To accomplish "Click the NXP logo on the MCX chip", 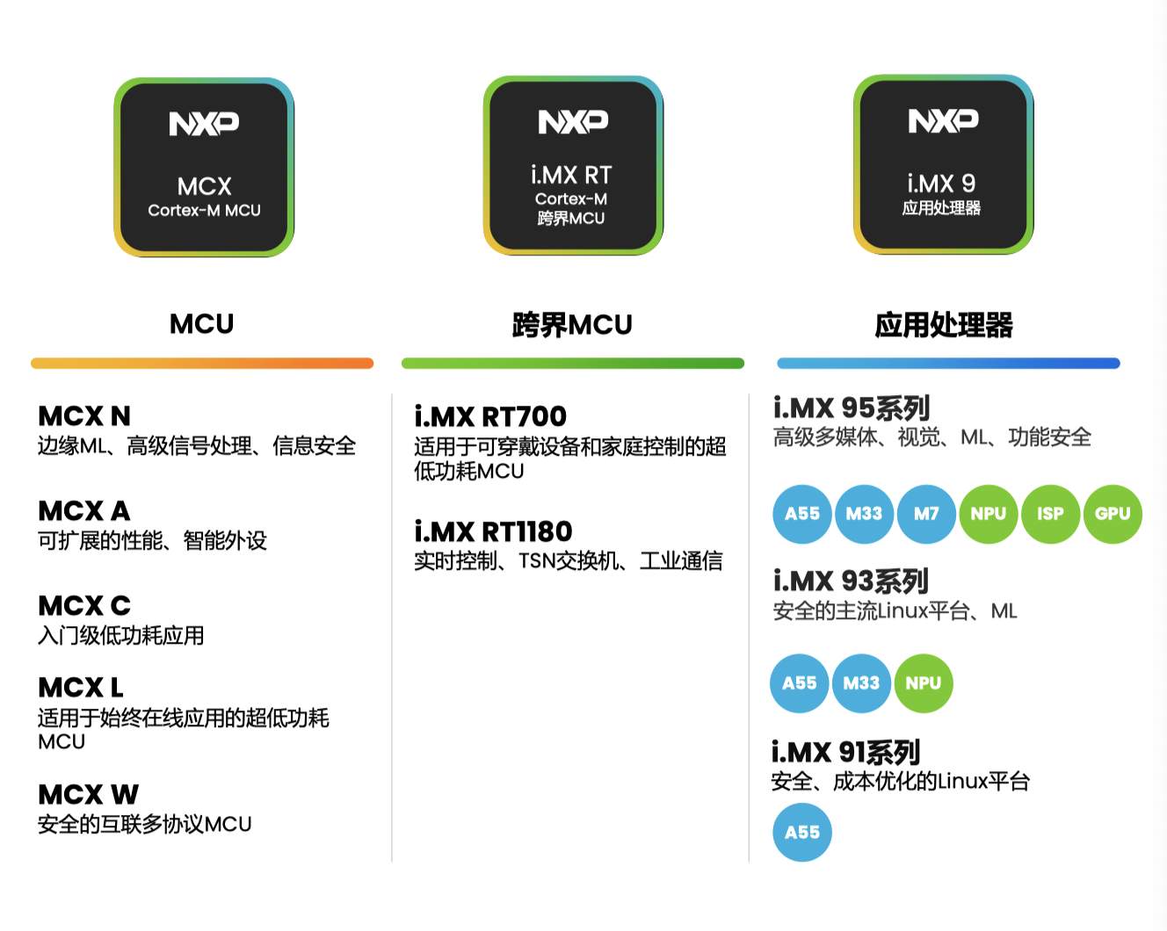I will pyautogui.click(x=204, y=124).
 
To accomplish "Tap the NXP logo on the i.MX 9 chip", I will pyautogui.click(x=943, y=121).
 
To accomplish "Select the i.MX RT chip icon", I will pyautogui.click(x=573, y=166).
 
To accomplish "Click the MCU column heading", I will pyautogui.click(x=202, y=324).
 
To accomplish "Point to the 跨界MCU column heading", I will pyautogui.click(x=572, y=325).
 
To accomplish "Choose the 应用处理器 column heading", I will pyautogui.click(x=944, y=325).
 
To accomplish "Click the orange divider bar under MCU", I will pyautogui.click(x=202, y=364).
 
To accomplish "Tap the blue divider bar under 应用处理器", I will pyautogui.click(x=948, y=364).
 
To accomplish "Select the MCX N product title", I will pyautogui.click(x=84, y=415).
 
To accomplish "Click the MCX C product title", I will pyautogui.click(x=84, y=605).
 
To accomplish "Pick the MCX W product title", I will pyautogui.click(x=88, y=795).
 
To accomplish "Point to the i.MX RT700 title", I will pyautogui.click(x=490, y=416).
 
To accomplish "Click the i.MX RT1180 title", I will pyautogui.click(x=493, y=531).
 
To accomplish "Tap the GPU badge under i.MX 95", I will pyautogui.click(x=1113, y=514).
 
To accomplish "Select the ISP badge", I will pyautogui.click(x=1050, y=514).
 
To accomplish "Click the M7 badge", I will pyautogui.click(x=926, y=514).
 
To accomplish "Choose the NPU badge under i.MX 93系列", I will pyautogui.click(x=924, y=683).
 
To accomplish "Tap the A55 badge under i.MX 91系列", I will pyautogui.click(x=802, y=833).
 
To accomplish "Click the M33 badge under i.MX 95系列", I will pyautogui.click(x=864, y=514).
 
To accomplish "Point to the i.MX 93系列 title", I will pyautogui.click(x=851, y=581).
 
